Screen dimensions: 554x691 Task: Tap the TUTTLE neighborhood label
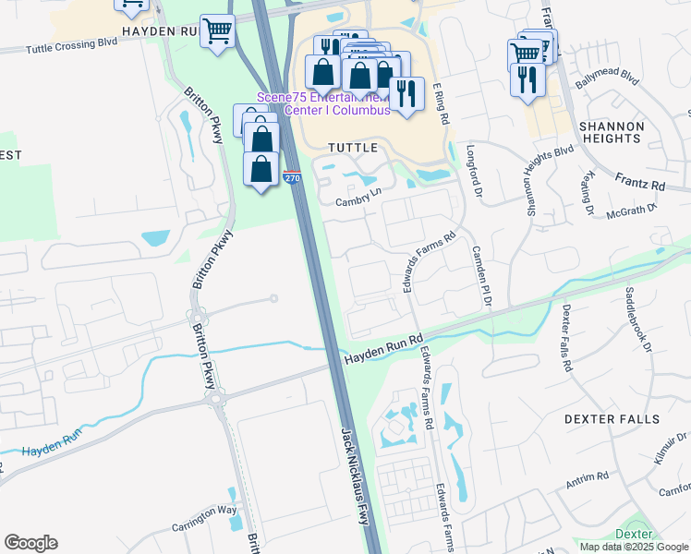352,148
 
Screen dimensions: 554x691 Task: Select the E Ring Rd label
442,103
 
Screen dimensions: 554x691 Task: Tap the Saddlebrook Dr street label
638,323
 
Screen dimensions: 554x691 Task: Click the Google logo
30,543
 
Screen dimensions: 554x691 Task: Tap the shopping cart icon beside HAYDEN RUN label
218,32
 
